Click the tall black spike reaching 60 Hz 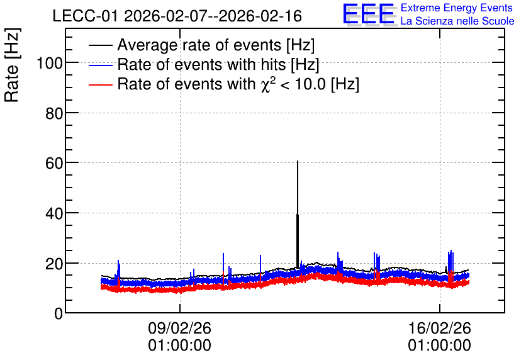click(298, 215)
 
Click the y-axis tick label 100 click(50, 63)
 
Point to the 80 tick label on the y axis click(54, 113)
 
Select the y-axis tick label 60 click(54, 164)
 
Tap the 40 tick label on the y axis click(54, 213)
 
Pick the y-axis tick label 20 click(54, 264)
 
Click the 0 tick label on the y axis click(59, 313)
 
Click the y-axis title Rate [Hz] click(12, 65)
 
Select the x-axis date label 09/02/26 click(179, 328)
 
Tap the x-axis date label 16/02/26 click(439, 328)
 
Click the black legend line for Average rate click(100, 45)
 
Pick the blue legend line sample click(100, 65)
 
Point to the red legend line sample click(100, 84)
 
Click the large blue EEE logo click(369, 14)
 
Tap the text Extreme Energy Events click(457, 8)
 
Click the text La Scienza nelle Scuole click(457, 21)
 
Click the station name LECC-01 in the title click(86, 16)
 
